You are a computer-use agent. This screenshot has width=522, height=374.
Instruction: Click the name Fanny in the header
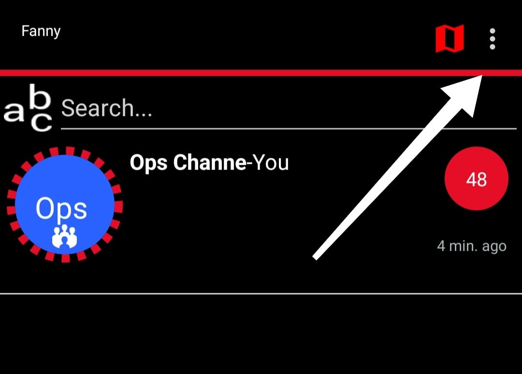[x=41, y=31]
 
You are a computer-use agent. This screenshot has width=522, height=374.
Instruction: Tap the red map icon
[x=449, y=39]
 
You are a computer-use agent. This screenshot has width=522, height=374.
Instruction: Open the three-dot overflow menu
[x=492, y=39]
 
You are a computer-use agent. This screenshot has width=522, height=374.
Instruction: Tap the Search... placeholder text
[x=106, y=108]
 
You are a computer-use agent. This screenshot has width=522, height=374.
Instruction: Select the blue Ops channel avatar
[x=65, y=204]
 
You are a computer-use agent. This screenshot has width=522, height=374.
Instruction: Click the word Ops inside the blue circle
[x=61, y=209]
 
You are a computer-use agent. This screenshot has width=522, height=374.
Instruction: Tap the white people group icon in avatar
[x=65, y=237]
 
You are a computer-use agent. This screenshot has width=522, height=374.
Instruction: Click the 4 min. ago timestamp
[x=471, y=246]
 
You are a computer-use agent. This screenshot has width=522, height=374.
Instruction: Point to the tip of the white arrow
[x=481, y=77]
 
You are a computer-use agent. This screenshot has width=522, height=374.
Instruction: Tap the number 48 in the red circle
[x=476, y=180]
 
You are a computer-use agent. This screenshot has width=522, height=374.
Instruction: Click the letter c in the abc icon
[x=42, y=123]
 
